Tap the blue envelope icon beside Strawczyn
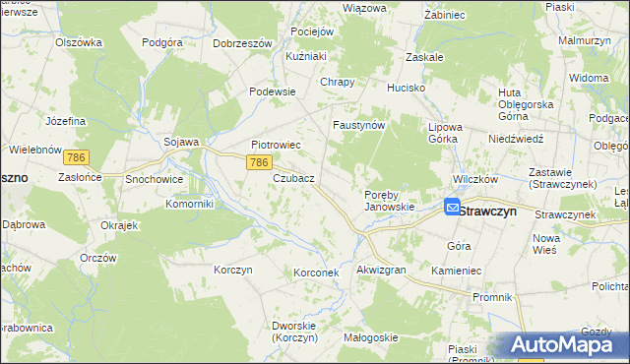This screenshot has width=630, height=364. (452, 208)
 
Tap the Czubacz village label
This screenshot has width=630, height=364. (293, 178)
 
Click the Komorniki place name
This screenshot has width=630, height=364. (162, 204)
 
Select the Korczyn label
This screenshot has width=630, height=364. (233, 269)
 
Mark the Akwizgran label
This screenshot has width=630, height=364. (381, 269)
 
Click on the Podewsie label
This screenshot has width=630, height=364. (273, 91)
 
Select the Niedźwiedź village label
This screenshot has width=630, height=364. (516, 139)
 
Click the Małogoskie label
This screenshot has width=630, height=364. (369, 337)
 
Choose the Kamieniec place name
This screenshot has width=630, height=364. (454, 269)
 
